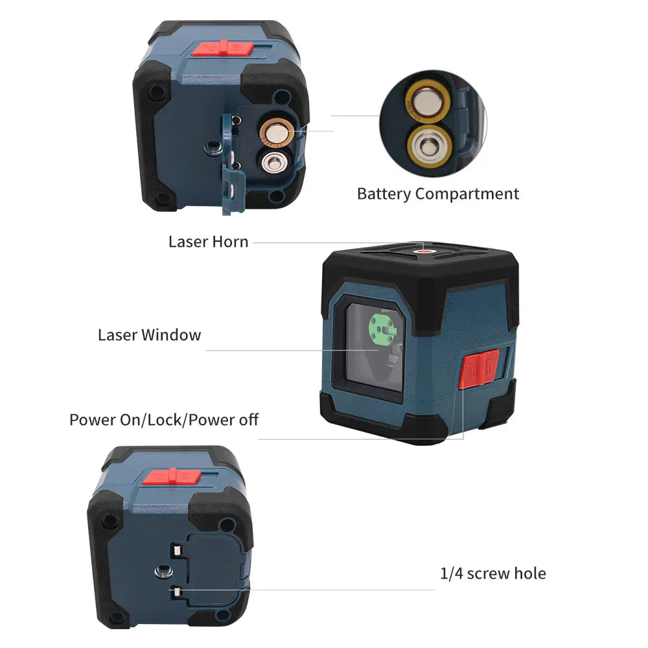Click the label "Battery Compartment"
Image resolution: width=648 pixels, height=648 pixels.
point(438,194)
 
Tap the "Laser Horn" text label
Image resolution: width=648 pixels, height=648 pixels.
point(208,242)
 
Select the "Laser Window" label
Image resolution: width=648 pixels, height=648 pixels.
point(149,335)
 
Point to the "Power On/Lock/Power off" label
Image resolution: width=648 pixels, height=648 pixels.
point(164,419)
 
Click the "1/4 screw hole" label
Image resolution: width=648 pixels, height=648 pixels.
point(492,573)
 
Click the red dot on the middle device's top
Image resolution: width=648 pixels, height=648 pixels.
point(425,251)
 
